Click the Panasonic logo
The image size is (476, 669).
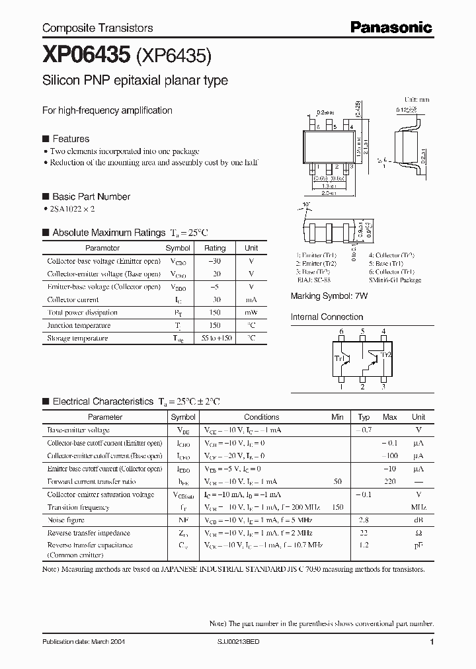coord(391,27)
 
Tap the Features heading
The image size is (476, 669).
coord(70,139)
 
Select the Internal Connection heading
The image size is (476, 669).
coord(327,317)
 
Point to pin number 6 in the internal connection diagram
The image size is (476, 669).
coord(341,331)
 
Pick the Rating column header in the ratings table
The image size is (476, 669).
coord(215,248)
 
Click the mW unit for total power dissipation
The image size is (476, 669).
coord(251,313)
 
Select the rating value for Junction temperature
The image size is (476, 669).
coord(215,325)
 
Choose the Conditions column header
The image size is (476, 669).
coord(261,417)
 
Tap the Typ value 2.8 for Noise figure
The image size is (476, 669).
coord(364,520)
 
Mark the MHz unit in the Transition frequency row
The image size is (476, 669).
coord(418,508)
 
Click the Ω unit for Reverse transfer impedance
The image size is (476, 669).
coord(418,533)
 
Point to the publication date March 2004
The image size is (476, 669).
coord(83,642)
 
